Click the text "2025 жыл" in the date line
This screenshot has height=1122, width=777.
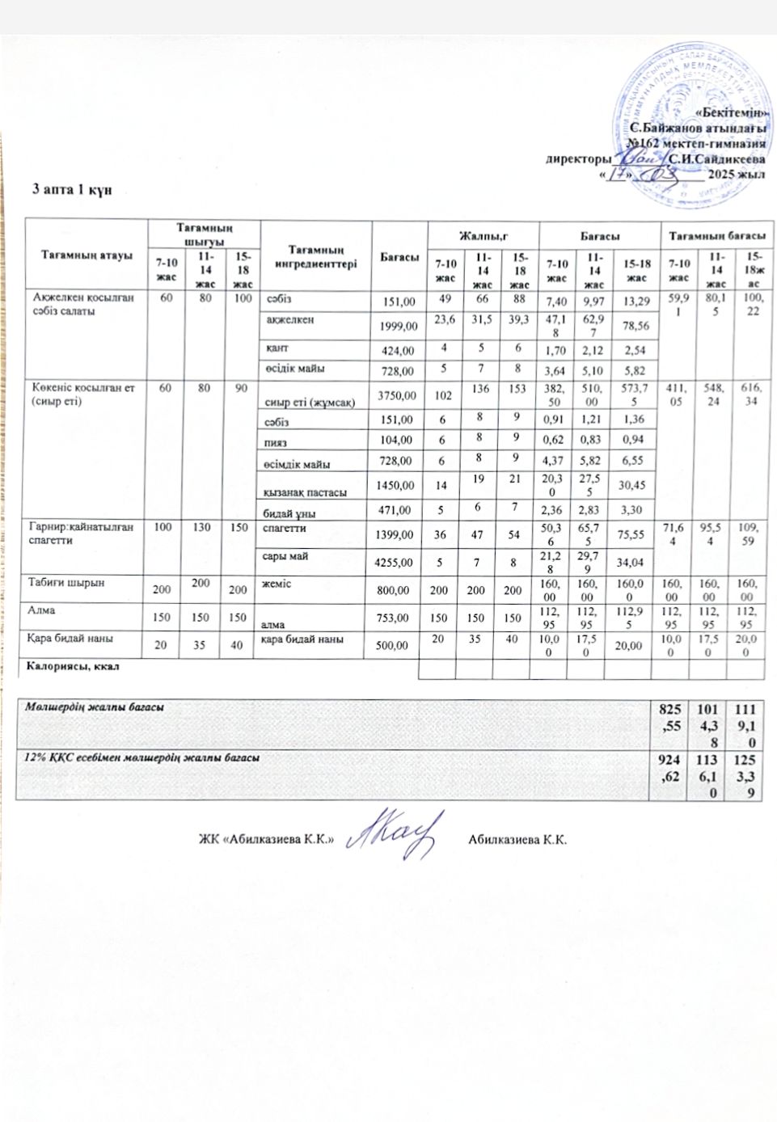[736, 175]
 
